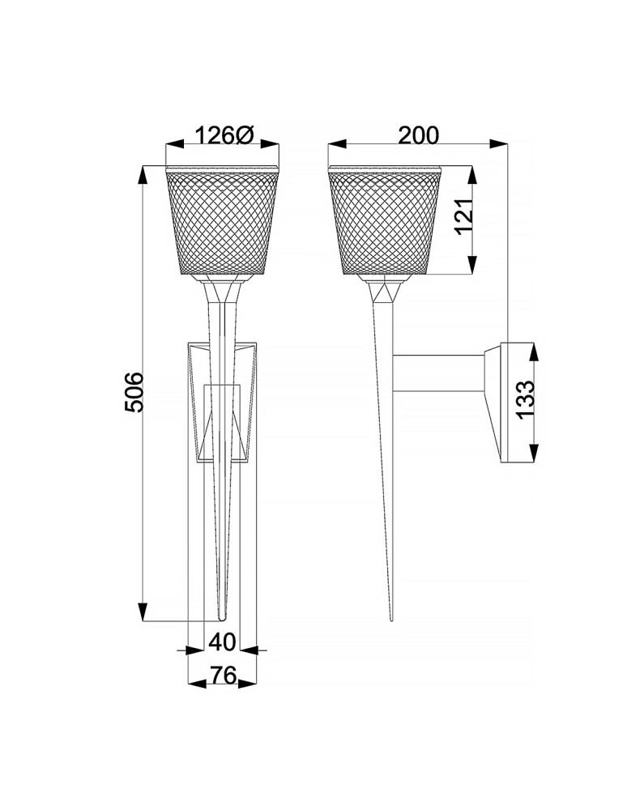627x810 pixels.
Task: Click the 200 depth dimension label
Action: click(418, 134)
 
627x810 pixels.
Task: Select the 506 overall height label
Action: click(134, 392)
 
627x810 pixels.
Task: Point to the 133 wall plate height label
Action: click(526, 399)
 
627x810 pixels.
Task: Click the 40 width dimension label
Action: click(222, 642)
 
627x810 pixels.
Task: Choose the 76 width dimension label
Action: click(222, 675)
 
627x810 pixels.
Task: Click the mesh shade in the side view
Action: click(386, 223)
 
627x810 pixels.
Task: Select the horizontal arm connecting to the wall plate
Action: click(437, 372)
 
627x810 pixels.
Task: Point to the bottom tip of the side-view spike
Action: click(390, 619)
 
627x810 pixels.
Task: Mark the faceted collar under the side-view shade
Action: click(386, 290)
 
